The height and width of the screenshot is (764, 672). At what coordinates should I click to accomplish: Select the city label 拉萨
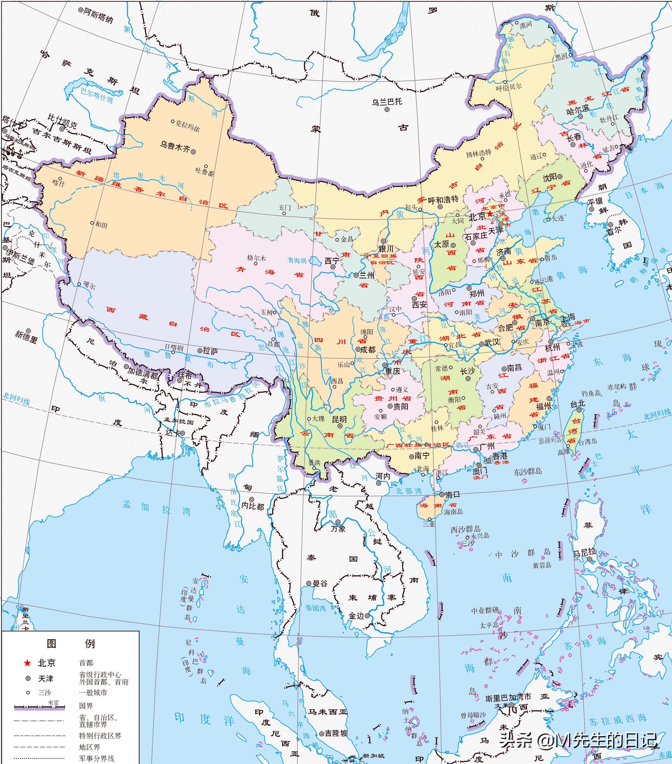[x=210, y=351]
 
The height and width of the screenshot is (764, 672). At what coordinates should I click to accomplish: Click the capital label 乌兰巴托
[x=387, y=102]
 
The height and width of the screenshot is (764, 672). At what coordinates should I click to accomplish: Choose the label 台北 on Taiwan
[x=577, y=404]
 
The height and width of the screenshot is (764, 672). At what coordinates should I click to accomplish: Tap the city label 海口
[x=452, y=494]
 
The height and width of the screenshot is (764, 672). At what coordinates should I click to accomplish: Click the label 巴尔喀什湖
[x=96, y=95]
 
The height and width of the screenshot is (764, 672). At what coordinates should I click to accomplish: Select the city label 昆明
[x=339, y=419]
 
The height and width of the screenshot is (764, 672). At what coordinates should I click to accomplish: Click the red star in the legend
[x=27, y=663]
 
